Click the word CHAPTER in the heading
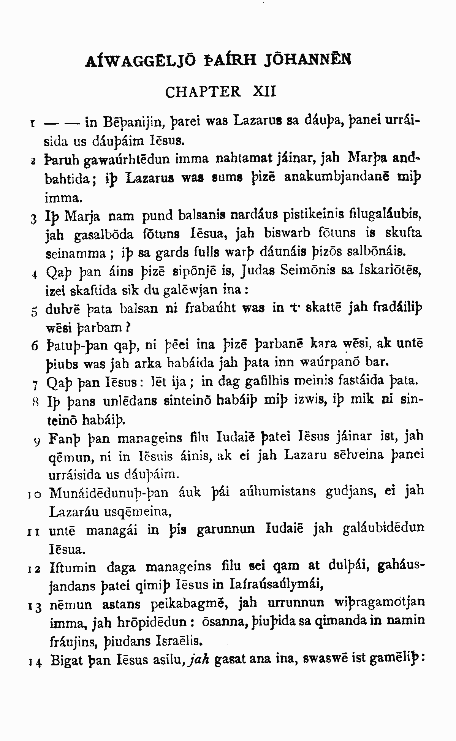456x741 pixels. tap(203, 92)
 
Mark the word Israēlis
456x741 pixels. tap(179, 641)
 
